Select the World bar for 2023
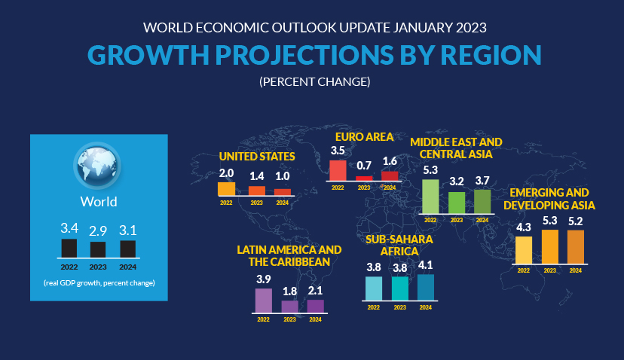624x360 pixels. click(98, 250)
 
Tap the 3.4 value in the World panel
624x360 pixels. click(69, 227)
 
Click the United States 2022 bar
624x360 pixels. click(226, 189)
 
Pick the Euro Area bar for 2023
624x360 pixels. click(364, 178)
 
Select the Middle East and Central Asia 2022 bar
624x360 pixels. click(430, 196)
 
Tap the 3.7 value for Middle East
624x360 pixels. click(482, 181)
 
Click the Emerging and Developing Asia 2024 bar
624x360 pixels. click(575, 246)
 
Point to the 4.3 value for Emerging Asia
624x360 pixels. click(523, 227)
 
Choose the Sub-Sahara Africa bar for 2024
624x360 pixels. click(425, 287)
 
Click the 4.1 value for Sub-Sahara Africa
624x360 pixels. click(425, 265)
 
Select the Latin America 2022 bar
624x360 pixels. click(263, 300)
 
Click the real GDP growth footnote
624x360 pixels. click(98, 283)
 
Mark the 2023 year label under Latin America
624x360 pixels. click(289, 319)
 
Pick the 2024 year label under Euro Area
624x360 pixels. click(390, 187)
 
